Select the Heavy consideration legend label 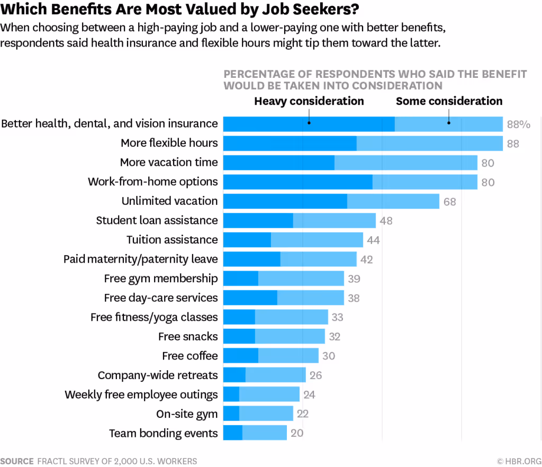[309, 101]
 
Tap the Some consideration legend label [449, 101]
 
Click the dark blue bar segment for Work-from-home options [297, 182]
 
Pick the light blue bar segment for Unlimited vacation [393, 201]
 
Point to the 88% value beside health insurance [518, 124]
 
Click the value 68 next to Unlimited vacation [449, 202]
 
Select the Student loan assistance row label [157, 220]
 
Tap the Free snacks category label [188, 336]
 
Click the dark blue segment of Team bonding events [232, 433]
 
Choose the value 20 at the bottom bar [297, 434]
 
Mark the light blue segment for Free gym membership [301, 279]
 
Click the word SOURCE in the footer [17, 461]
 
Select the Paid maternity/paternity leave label [140, 259]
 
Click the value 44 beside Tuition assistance [373, 240]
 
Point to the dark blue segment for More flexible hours [290, 143]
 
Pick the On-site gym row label [187, 414]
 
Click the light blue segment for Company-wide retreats [275, 375]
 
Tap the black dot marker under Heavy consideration [309, 123]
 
